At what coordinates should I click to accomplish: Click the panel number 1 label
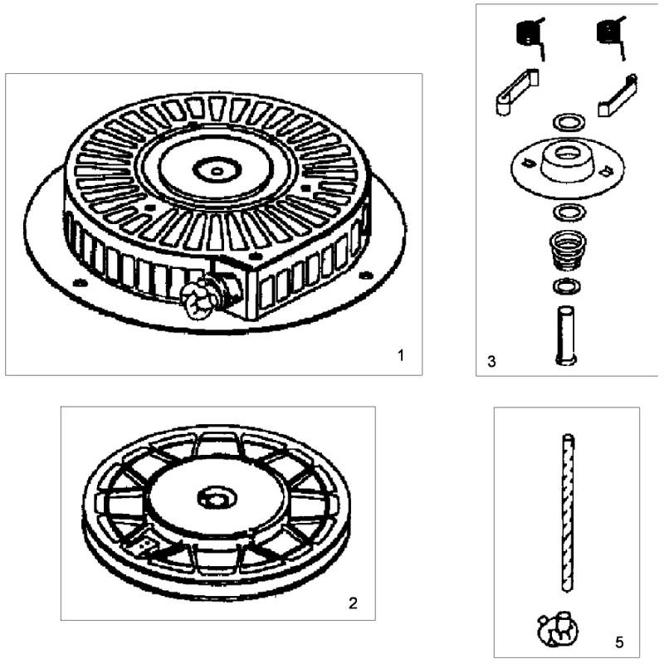(401, 355)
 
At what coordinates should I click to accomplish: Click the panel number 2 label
(353, 603)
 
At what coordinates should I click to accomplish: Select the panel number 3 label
(491, 361)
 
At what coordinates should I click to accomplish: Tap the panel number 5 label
(619, 642)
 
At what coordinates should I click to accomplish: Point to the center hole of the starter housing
(217, 171)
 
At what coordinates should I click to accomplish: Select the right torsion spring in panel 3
(610, 37)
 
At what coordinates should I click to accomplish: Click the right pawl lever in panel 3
(618, 95)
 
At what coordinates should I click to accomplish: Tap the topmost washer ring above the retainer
(569, 122)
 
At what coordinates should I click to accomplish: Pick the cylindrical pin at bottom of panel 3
(566, 334)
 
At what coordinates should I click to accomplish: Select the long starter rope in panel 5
(568, 512)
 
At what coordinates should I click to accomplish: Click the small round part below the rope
(557, 629)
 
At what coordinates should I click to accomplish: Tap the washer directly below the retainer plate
(569, 212)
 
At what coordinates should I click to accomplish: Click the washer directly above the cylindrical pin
(567, 286)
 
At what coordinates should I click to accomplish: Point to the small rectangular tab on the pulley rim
(144, 546)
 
